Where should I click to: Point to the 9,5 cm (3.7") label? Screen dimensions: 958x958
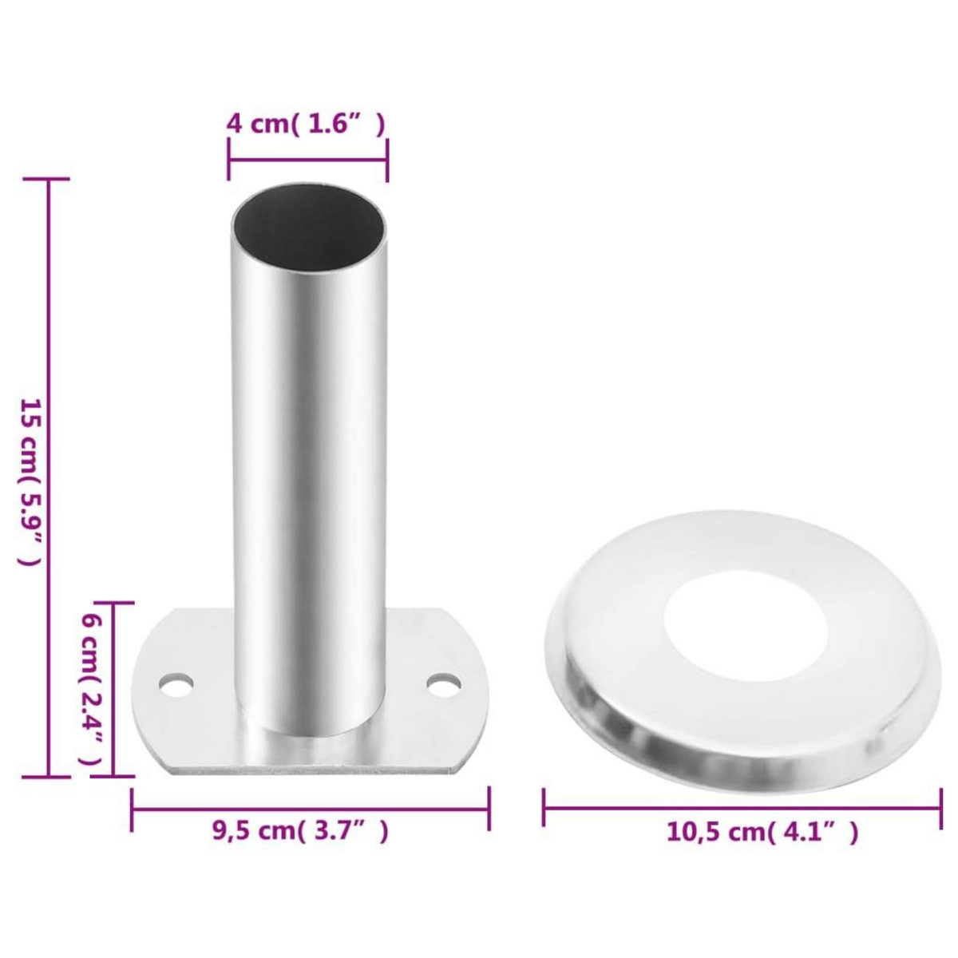pos(300,832)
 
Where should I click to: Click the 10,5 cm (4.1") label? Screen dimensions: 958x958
pos(762,833)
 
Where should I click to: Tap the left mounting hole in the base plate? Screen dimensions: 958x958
pos(176,685)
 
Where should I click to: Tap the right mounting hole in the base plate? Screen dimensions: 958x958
pos(444,684)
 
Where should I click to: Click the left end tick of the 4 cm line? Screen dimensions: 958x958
pos(229,160)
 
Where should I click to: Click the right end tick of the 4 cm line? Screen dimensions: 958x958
pos(387,160)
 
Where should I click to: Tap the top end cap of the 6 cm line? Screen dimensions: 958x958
pos(113,604)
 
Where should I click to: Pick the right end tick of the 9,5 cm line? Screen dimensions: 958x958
pos(489,809)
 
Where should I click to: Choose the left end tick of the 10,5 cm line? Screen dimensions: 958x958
pos(544,809)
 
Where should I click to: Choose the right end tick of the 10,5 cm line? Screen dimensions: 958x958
pos(940,809)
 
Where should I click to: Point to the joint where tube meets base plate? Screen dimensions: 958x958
pos(310,730)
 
